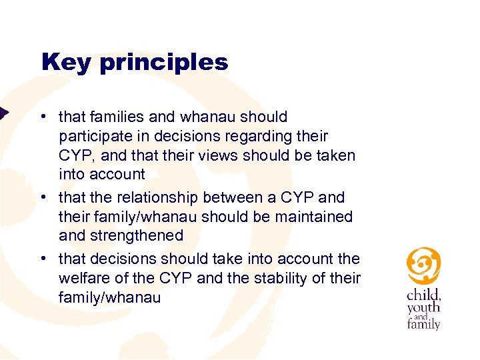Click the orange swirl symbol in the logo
click(x=423, y=265)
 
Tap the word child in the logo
click(x=423, y=294)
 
